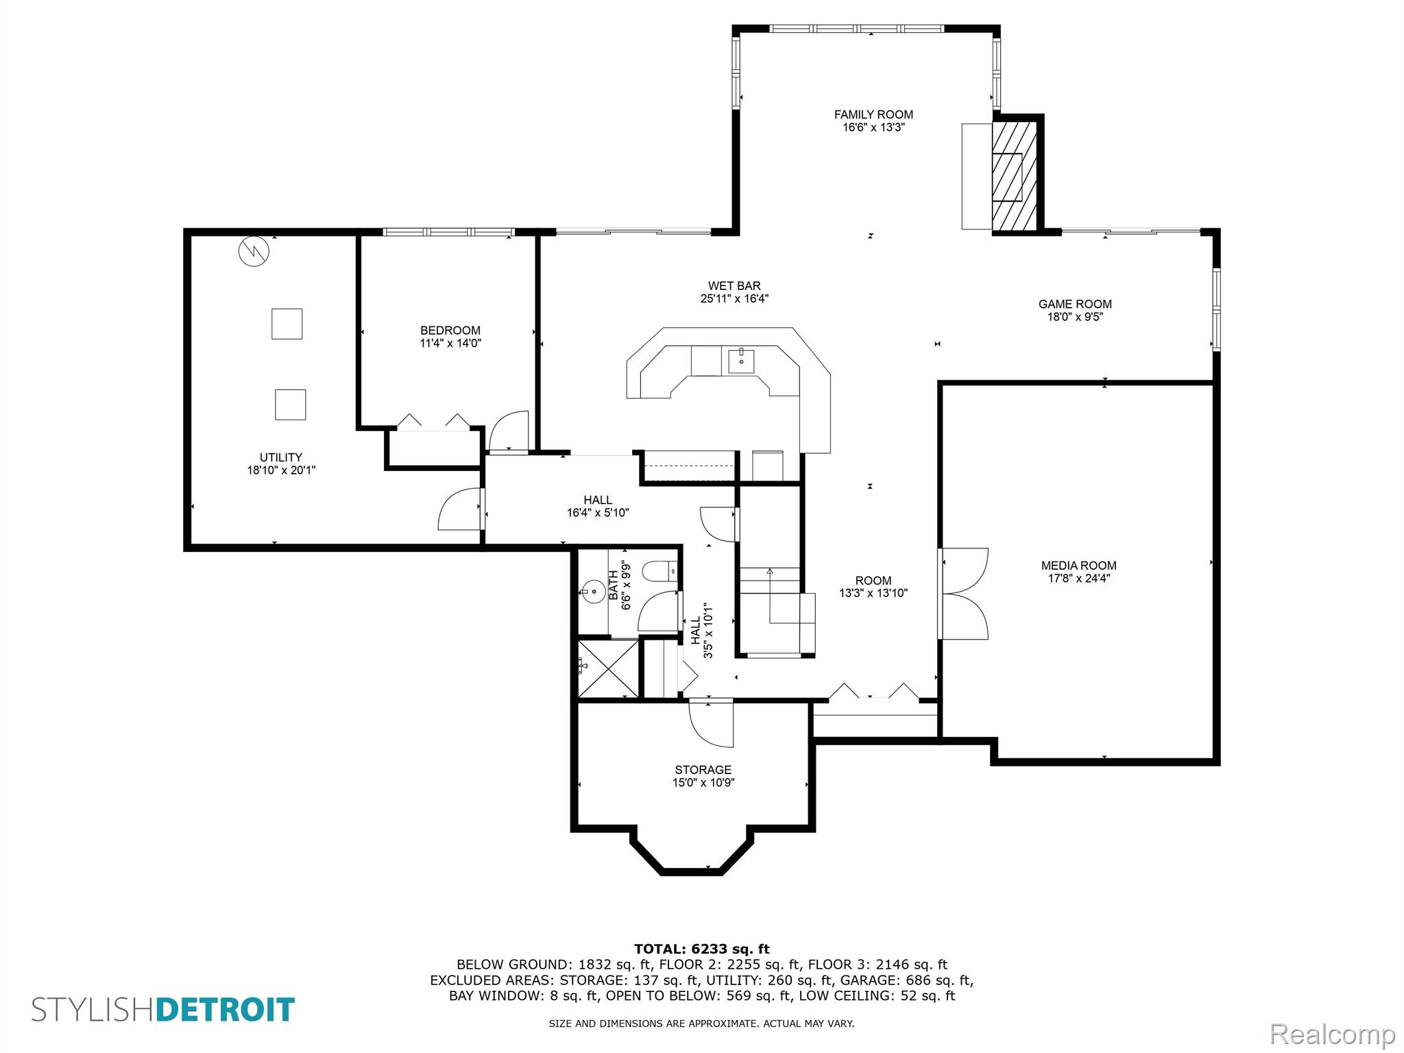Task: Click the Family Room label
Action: click(873, 114)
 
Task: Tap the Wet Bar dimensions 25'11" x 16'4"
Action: click(734, 299)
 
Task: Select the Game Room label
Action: click(1075, 304)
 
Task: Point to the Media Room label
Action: click(1078, 566)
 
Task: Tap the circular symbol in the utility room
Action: click(254, 252)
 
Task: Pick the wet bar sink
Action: click(741, 361)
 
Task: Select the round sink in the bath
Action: click(590, 590)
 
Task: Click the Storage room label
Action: click(703, 769)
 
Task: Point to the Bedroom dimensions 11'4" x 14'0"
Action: click(450, 343)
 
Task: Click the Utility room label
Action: click(281, 457)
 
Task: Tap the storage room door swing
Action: click(711, 724)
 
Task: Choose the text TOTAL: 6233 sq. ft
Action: click(702, 949)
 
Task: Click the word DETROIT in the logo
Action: click(226, 1010)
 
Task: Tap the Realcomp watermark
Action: click(1332, 1034)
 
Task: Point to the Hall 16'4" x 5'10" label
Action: click(598, 506)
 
